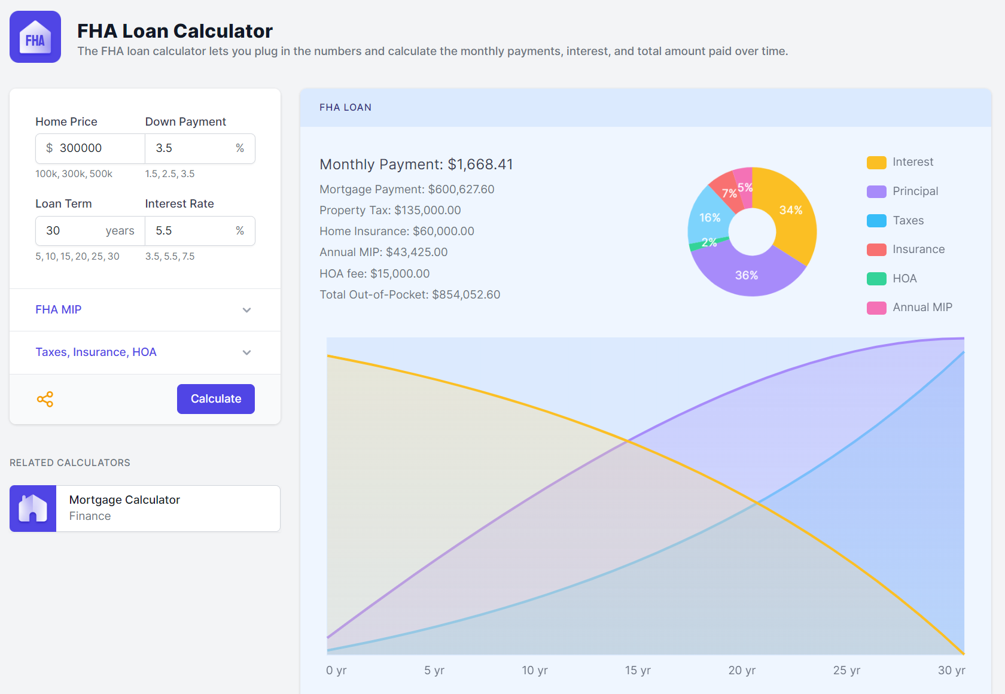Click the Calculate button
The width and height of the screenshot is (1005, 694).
click(x=215, y=399)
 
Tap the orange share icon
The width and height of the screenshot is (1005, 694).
click(x=45, y=399)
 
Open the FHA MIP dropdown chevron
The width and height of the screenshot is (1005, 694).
click(x=246, y=310)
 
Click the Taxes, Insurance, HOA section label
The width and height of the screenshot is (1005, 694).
click(x=96, y=352)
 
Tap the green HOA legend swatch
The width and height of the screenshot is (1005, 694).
click(x=876, y=279)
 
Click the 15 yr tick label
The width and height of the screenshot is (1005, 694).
click(x=638, y=670)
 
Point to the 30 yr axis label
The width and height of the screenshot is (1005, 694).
click(x=951, y=670)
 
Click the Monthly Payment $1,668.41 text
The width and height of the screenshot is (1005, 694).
click(x=416, y=165)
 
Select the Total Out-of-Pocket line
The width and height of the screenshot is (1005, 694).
click(x=410, y=294)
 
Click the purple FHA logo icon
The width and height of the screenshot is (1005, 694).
click(x=35, y=37)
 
